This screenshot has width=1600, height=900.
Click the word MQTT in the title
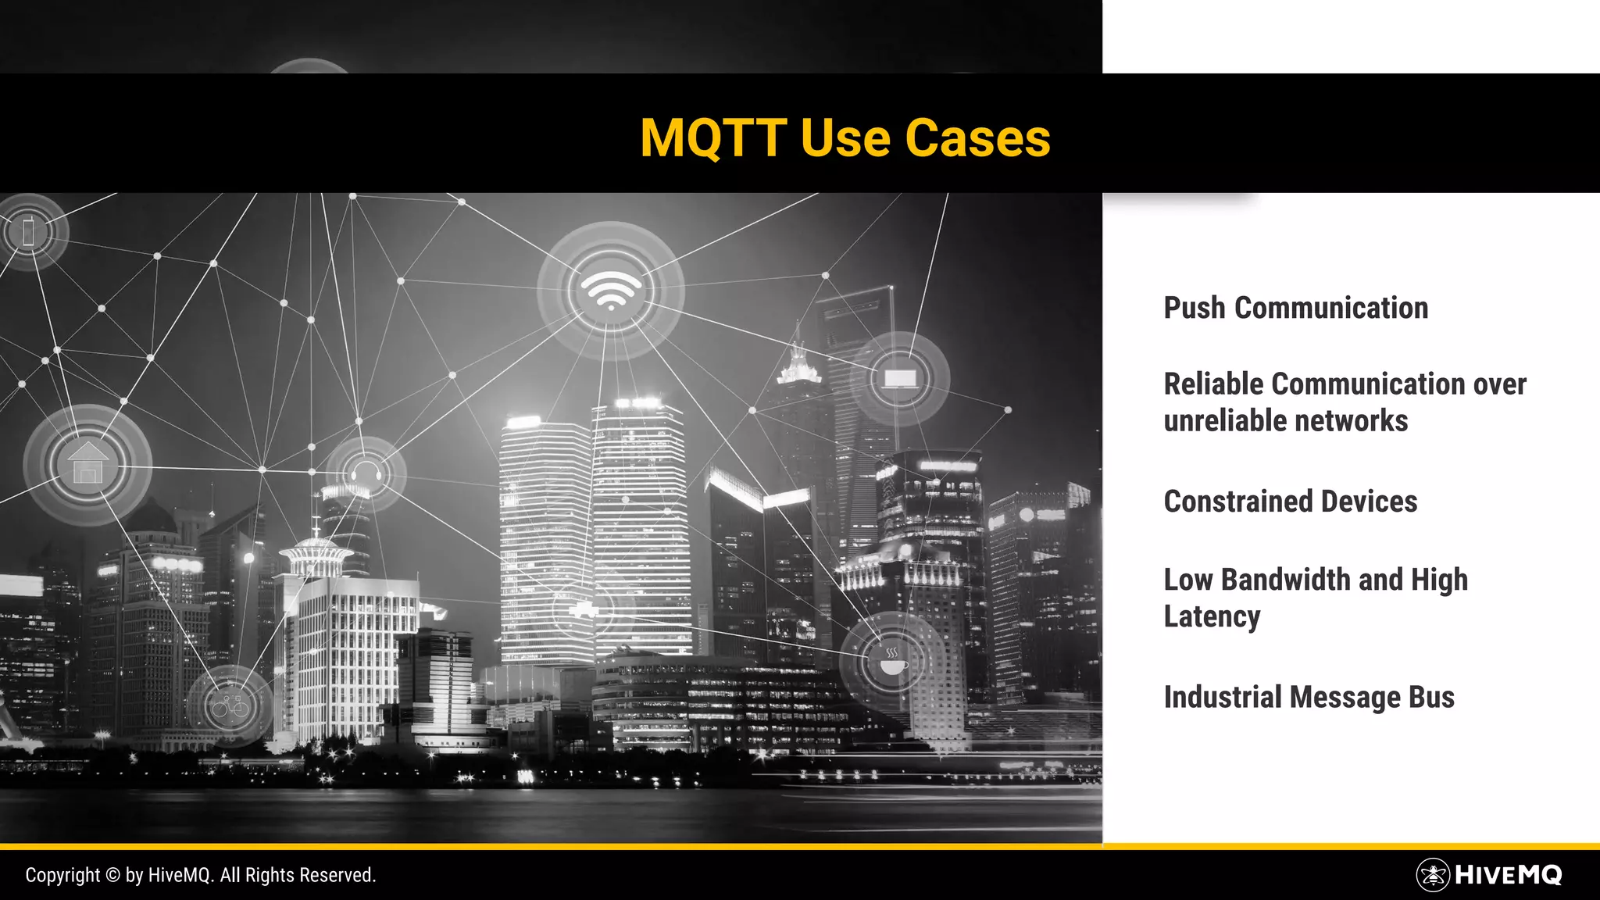coord(712,138)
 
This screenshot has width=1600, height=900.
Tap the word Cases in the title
coord(977,138)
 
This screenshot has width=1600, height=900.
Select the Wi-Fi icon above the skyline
coord(611,291)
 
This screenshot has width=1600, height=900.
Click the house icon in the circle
coord(87,464)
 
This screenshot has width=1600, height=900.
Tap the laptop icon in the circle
coord(900,379)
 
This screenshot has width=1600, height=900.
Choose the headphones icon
coord(366,473)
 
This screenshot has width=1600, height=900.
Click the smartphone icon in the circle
coord(30,231)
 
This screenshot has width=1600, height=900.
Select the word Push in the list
coord(1195,308)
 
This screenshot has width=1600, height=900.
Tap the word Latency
coord(1212,616)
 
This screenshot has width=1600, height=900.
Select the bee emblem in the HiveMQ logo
coord(1433,875)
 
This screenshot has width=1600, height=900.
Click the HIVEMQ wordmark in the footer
coord(1508,875)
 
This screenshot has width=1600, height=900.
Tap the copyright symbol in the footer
coord(112,875)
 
